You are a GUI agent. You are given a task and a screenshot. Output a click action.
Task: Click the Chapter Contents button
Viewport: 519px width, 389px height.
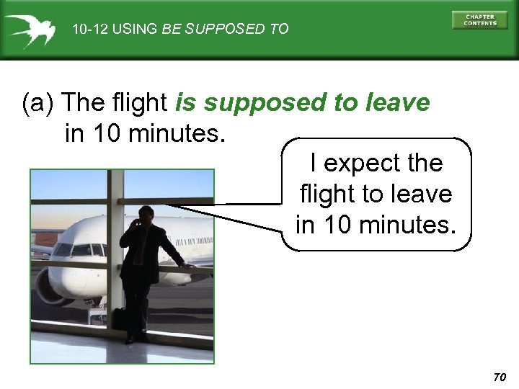click(480, 20)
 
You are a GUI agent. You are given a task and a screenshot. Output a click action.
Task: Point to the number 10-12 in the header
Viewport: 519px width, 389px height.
click(88, 30)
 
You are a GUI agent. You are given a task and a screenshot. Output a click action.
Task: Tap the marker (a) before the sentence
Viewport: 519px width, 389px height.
click(39, 104)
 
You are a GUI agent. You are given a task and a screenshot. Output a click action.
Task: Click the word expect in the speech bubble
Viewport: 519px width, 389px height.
click(363, 164)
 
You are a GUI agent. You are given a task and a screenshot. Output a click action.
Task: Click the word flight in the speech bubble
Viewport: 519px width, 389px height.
click(324, 194)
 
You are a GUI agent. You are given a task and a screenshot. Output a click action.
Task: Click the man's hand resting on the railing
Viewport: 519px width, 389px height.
click(189, 266)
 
